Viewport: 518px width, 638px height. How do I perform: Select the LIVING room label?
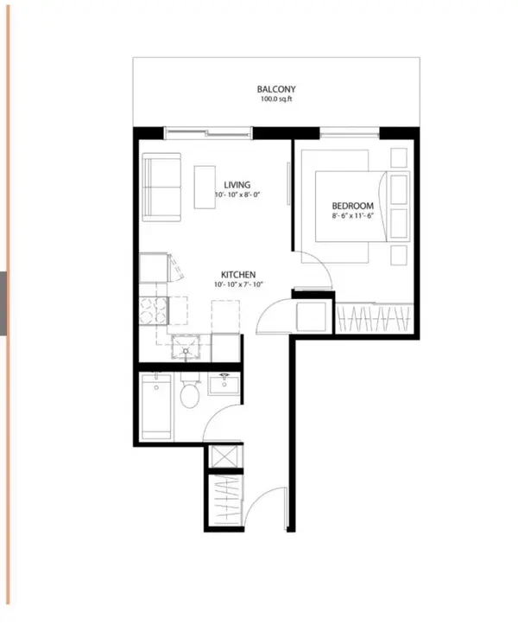237,185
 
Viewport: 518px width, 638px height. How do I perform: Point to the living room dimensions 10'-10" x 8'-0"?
237,195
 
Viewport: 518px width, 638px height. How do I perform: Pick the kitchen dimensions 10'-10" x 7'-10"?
237,284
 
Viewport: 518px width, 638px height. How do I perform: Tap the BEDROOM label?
353,206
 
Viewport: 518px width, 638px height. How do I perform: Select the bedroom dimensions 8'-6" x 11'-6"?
353,216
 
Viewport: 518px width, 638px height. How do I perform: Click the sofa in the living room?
161,187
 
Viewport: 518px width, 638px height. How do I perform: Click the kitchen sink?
185,348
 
